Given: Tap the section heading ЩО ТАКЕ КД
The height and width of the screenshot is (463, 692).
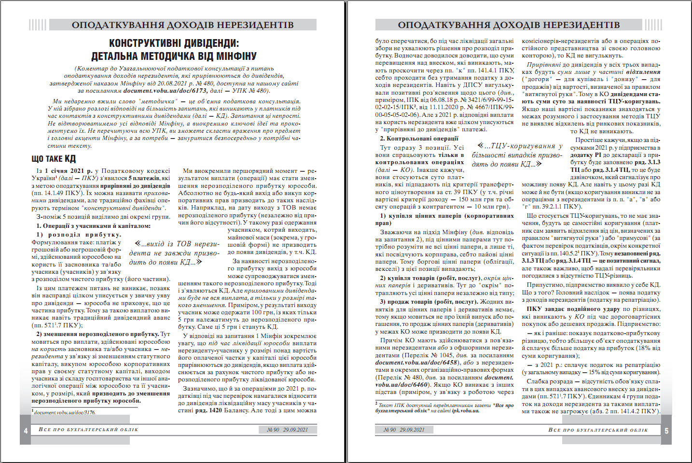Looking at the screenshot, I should pyautogui.click(x=54, y=159).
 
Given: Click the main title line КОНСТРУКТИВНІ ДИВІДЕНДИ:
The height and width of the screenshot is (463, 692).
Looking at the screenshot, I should pyautogui.click(x=174, y=43).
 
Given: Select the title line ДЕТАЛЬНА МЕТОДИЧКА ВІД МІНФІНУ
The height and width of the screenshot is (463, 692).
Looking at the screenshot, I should pyautogui.click(x=174, y=56).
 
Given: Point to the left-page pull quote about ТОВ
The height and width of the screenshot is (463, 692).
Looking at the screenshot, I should pyautogui.click(x=174, y=253).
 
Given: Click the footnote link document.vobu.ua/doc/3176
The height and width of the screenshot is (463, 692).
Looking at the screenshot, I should pyautogui.click(x=65, y=412).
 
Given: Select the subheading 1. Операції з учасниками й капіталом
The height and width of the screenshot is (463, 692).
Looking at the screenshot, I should pyautogui.click(x=94, y=225).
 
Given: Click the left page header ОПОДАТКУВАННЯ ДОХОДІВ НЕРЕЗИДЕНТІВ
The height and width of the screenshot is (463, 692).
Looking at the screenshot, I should pyautogui.click(x=182, y=25).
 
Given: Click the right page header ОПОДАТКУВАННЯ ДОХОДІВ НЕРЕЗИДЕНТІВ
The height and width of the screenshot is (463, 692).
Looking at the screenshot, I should pyautogui.click(x=509, y=25).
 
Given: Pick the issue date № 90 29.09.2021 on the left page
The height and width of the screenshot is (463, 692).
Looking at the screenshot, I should pyautogui.click(x=288, y=429).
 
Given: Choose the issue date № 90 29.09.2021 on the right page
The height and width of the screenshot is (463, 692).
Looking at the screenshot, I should pyautogui.click(x=404, y=429).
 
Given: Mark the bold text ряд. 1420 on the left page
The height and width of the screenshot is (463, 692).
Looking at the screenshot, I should pyautogui.click(x=202, y=410).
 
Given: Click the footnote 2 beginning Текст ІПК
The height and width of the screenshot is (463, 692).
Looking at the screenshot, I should pyautogui.click(x=444, y=408).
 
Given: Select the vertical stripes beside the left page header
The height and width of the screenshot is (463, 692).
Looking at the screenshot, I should pyautogui.click(x=38, y=25).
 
